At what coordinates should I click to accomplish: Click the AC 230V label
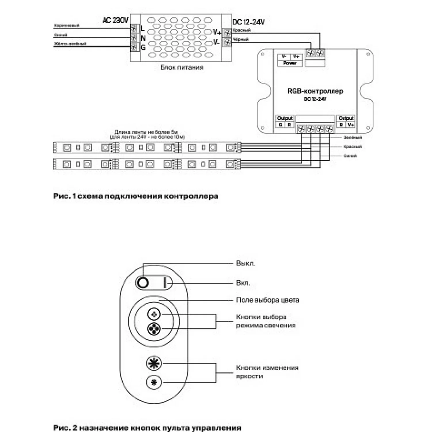(x=115, y=20)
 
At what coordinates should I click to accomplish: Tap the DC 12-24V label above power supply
(x=248, y=22)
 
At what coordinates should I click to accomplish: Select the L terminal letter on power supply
(x=143, y=29)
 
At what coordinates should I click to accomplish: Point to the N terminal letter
(x=143, y=38)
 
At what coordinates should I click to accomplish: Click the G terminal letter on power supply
(x=143, y=47)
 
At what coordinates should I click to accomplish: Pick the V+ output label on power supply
(x=217, y=32)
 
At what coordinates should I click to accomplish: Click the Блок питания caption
(x=182, y=67)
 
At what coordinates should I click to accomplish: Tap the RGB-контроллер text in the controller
(x=315, y=91)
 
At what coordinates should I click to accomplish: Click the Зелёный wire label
(x=353, y=138)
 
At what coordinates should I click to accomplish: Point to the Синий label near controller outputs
(x=350, y=156)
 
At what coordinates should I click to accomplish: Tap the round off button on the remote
(x=143, y=283)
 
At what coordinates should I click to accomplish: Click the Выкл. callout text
(x=245, y=263)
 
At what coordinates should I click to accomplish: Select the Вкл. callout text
(x=243, y=283)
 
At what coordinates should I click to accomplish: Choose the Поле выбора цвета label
(x=268, y=300)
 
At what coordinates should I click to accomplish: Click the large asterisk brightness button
(x=154, y=363)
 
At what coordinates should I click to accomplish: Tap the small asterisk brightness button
(x=154, y=382)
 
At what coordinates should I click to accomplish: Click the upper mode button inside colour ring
(x=154, y=314)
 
